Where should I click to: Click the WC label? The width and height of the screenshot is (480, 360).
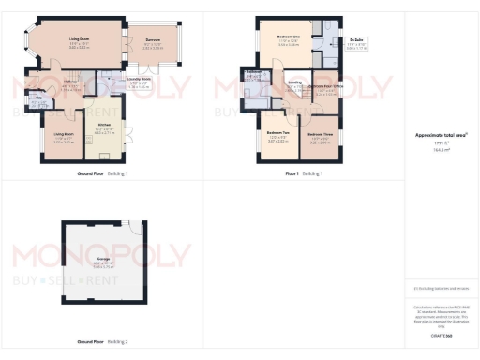coord(40,100)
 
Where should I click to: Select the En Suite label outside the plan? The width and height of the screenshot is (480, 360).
coord(357,41)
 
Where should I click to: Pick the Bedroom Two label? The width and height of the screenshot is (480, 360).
coord(277,133)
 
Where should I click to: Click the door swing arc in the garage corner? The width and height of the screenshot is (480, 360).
coord(138,228)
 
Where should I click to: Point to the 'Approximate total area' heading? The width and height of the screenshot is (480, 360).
coord(441,134)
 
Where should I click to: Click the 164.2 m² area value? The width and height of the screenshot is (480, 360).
coord(441,149)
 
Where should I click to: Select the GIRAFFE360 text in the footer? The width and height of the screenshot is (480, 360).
coord(441,335)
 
